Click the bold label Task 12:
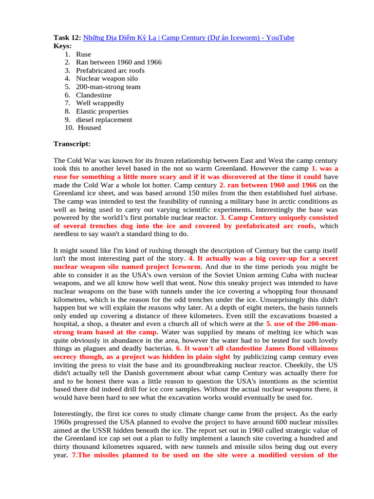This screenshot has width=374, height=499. (x=67, y=38)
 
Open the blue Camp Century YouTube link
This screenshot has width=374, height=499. (x=189, y=38)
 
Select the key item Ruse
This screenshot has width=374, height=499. (x=83, y=54)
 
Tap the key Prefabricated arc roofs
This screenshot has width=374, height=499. (x=110, y=70)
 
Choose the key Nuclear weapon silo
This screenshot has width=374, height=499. (x=107, y=78)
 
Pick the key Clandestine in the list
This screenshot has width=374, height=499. (x=93, y=95)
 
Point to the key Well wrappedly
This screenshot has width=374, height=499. (x=100, y=103)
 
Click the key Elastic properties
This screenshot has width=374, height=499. (x=102, y=111)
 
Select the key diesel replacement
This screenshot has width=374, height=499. (x=104, y=119)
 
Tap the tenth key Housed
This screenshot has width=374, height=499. (x=90, y=128)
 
